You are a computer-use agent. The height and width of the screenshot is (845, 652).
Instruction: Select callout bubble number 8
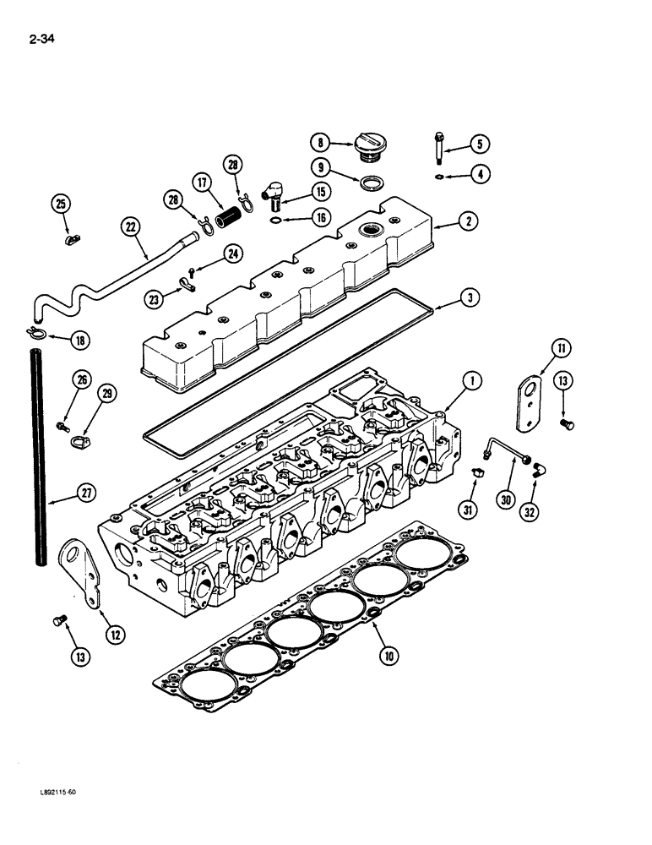click(x=319, y=142)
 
